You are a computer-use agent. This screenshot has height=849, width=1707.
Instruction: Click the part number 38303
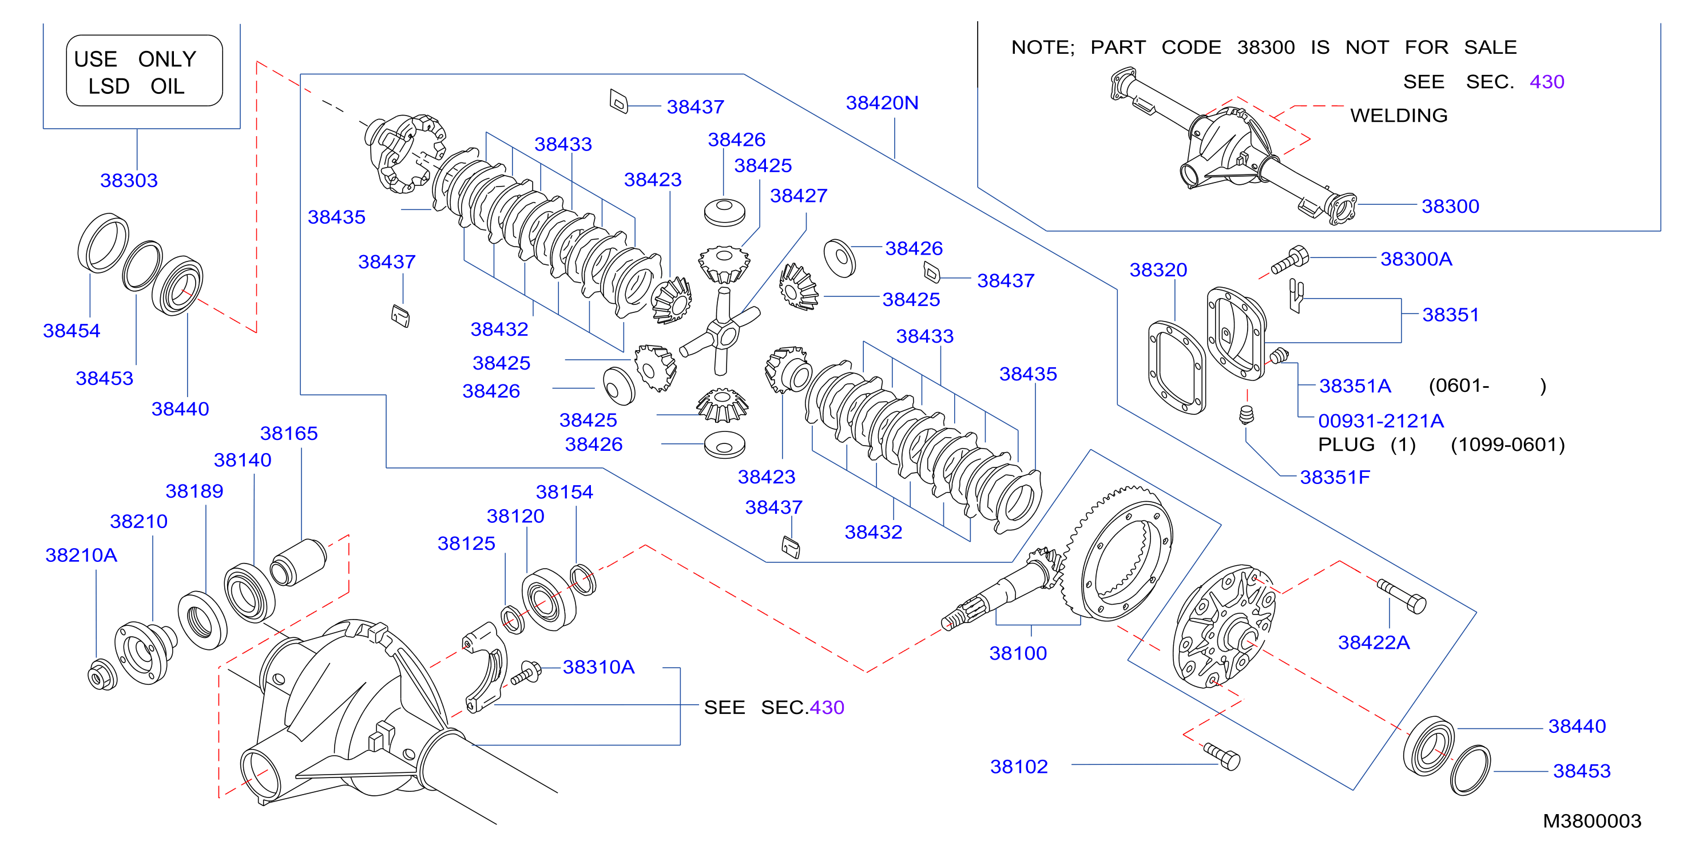[129, 180]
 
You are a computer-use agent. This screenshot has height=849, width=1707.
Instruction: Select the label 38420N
[882, 103]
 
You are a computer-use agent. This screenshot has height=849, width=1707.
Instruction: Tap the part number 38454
[72, 331]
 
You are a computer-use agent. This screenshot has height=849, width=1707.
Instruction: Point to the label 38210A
[81, 555]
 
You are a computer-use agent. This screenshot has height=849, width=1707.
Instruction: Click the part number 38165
[289, 434]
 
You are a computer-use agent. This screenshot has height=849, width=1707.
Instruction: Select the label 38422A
[1373, 642]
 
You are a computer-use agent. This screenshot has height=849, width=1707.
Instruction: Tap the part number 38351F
[1335, 477]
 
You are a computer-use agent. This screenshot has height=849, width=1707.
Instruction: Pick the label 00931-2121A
[1380, 421]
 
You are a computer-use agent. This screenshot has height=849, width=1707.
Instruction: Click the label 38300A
[1416, 259]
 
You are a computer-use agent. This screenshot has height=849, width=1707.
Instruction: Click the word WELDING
[1399, 116]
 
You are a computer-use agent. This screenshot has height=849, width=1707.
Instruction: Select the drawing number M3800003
[1591, 821]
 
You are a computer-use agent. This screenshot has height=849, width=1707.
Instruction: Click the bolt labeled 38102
[1222, 756]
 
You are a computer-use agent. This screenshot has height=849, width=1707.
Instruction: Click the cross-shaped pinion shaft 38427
[720, 331]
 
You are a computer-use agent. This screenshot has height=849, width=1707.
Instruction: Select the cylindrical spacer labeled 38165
[298, 563]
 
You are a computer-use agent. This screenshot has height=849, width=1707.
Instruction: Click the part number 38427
[799, 196]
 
